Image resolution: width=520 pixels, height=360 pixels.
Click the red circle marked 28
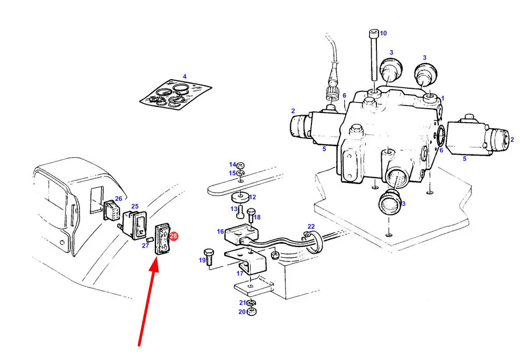174,236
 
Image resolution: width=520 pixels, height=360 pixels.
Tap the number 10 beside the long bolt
383,33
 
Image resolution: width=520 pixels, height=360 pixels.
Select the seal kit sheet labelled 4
175,95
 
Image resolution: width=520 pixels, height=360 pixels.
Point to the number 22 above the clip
311,227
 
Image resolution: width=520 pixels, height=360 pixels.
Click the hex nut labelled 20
253,312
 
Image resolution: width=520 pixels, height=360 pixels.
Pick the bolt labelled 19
209,257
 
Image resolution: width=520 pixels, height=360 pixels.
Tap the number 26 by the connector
118,199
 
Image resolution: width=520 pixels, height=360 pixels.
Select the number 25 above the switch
134,207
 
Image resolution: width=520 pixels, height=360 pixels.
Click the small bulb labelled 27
149,239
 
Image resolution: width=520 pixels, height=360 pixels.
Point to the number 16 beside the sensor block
220,231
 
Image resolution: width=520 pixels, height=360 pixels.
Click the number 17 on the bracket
240,273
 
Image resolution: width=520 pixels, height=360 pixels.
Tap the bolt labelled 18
251,215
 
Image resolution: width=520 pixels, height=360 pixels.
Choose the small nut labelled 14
241,165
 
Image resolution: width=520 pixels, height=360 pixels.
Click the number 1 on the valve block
443,98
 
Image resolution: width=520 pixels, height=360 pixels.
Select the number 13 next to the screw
234,209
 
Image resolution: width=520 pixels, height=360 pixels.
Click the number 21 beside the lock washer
243,302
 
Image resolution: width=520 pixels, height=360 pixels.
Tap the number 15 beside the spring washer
232,173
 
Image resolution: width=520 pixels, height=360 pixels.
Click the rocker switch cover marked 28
163,239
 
